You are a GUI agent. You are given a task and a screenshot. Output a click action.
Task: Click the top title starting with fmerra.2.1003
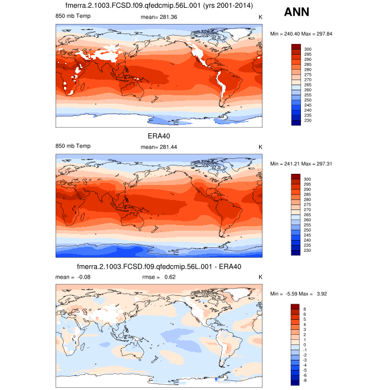[159, 6]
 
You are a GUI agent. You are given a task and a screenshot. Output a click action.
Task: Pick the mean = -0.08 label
[69, 276]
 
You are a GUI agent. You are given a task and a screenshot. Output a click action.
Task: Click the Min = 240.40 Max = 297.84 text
[301, 34]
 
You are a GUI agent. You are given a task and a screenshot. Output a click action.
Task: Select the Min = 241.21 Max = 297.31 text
[301, 164]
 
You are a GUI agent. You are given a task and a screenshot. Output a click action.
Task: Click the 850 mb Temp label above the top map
[73, 17]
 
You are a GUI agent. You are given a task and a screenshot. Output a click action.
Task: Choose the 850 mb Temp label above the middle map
[73, 146]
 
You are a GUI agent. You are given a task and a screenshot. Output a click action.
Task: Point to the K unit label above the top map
[260, 17]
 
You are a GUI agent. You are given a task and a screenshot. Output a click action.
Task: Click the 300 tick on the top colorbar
[308, 49]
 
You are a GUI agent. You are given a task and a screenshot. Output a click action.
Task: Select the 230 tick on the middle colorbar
[308, 250]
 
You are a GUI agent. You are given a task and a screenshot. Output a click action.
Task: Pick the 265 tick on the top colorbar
[308, 85]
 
